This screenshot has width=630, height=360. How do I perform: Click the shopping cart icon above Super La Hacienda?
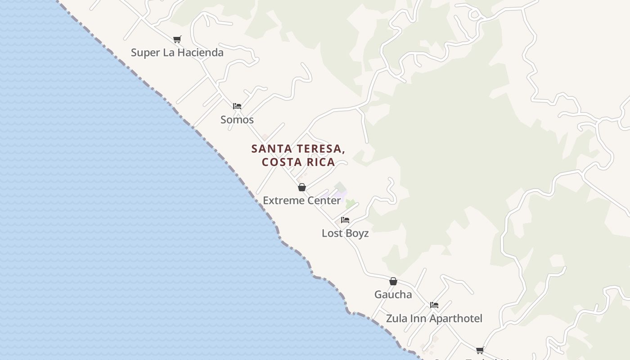[x=177, y=40]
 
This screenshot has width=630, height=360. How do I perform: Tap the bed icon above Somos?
[x=237, y=106]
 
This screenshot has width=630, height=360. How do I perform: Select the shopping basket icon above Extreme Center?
[x=302, y=187]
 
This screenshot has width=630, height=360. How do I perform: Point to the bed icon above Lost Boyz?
[x=345, y=220]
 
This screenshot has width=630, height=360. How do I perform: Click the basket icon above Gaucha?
[x=393, y=281]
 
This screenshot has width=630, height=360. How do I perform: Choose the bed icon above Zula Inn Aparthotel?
[x=434, y=305]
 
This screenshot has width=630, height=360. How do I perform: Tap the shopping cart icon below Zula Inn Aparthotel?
[x=480, y=350]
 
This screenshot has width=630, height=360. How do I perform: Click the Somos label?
[x=237, y=120]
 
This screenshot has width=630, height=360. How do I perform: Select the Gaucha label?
[x=393, y=294]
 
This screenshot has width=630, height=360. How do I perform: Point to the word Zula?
[x=396, y=319]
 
